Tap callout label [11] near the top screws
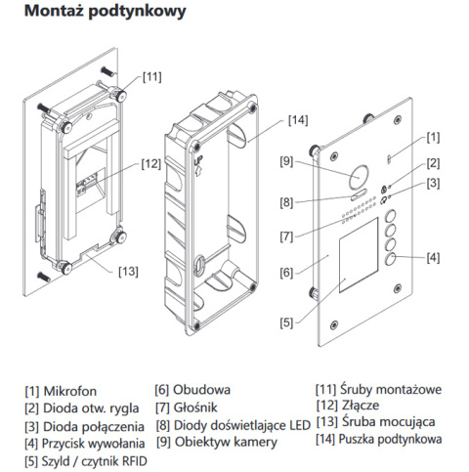click(152, 75)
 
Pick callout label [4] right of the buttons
click(432, 257)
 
